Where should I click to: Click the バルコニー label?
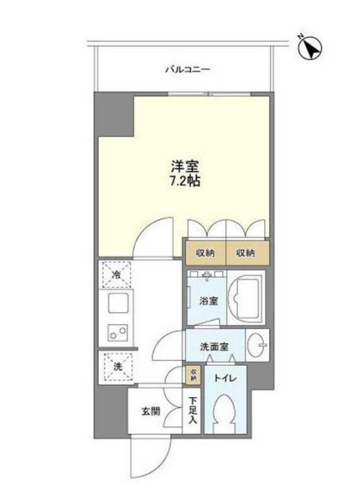point(186,70)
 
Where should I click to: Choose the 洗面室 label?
point(215,347)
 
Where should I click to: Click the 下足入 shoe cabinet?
point(192,410)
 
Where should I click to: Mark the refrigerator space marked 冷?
point(117,274)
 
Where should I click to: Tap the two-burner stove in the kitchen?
point(115,332)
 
